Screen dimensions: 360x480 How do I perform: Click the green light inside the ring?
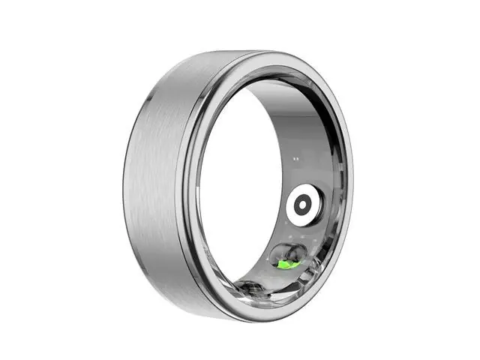click(286, 263)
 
